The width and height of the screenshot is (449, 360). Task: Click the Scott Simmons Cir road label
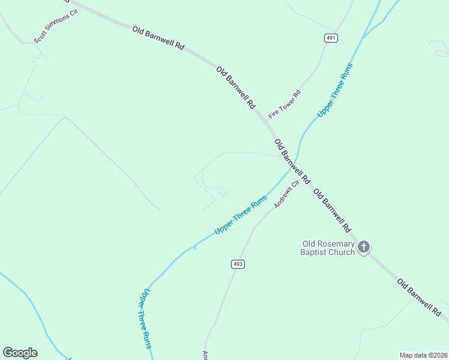click(x=56, y=26)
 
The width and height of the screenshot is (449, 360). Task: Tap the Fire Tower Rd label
click(x=285, y=102)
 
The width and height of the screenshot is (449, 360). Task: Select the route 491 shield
click(x=331, y=38)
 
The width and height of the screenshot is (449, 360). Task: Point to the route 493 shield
click(x=237, y=264)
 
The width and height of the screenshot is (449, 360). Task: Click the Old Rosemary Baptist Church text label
click(x=328, y=248)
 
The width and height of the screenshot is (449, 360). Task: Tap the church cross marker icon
click(x=363, y=247)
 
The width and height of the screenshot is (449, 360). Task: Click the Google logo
click(x=20, y=353)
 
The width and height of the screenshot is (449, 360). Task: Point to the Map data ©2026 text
click(x=423, y=355)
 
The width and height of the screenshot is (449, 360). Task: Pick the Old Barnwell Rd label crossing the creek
click(x=292, y=161)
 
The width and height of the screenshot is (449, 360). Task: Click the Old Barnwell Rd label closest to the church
click(x=332, y=212)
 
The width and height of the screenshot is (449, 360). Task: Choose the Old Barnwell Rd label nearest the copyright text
click(x=419, y=298)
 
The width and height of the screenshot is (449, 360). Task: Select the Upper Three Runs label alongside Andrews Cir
click(x=240, y=215)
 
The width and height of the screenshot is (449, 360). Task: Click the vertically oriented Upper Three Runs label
click(x=145, y=319)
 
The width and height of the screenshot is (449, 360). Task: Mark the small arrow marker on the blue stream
click(x=193, y=247)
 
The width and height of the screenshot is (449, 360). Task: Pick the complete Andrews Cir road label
click(x=286, y=195)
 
